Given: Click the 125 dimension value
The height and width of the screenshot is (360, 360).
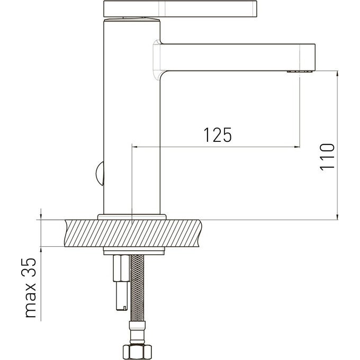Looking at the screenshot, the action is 218,135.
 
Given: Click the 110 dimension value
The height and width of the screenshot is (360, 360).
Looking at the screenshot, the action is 327,157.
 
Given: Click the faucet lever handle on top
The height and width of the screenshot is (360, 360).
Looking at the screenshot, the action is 180,9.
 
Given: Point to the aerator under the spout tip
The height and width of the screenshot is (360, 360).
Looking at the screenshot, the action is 300,71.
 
